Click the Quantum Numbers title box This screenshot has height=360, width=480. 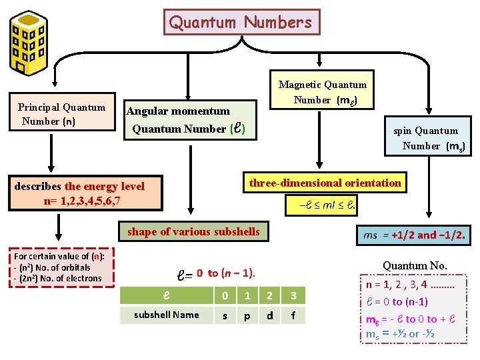241,22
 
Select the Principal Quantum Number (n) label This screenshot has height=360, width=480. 61,114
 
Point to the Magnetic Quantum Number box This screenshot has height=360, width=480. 322,92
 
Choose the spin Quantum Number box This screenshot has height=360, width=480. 429,138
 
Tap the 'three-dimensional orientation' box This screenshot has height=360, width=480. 325,183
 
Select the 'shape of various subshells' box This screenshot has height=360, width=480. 193,231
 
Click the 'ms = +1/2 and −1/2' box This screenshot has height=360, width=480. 414,235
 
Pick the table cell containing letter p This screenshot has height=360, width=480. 247,315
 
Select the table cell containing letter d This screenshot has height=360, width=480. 270,315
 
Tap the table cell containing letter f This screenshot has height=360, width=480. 293,315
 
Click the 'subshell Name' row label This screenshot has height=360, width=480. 166,315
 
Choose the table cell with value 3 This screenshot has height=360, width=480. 293,294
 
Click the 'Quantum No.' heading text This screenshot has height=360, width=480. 415,266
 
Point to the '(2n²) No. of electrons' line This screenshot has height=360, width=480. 57,278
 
